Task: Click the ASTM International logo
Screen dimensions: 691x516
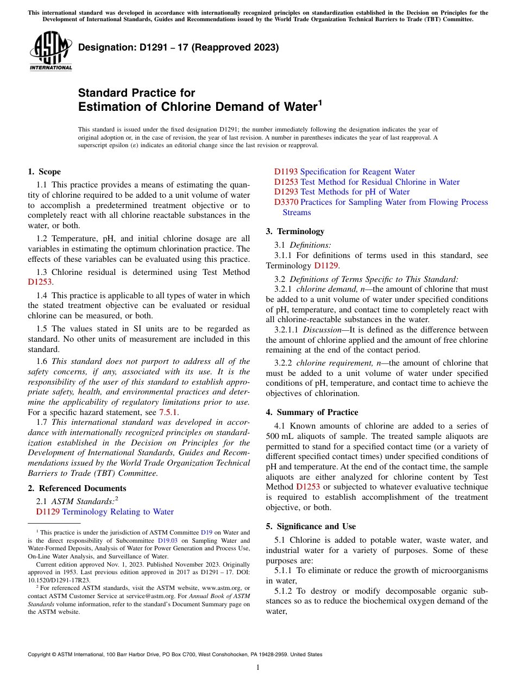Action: point(51,51)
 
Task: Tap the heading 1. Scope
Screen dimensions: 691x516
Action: point(45,172)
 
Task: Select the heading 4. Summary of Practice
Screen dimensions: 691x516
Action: point(312,412)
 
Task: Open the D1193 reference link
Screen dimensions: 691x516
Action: point(286,172)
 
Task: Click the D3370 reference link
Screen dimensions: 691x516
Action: point(286,202)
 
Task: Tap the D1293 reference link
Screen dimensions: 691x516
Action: point(286,192)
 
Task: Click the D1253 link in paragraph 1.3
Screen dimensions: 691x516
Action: point(39,282)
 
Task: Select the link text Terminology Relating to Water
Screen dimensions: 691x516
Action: point(118,512)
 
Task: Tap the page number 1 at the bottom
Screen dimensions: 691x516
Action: point(258,668)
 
